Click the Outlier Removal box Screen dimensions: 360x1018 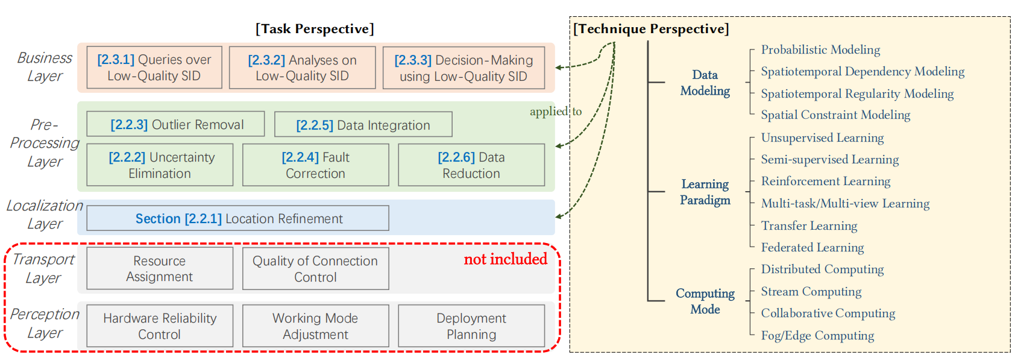point(175,124)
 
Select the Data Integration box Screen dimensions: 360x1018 point(363,125)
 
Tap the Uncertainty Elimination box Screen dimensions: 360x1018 point(160,165)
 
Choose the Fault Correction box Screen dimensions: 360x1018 point(315,165)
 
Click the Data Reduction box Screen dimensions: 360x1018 point(471,165)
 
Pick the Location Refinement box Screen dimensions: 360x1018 point(237,218)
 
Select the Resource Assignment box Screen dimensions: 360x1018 point(160,268)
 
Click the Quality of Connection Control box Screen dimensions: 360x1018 point(315,268)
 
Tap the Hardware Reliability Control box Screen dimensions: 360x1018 point(160,326)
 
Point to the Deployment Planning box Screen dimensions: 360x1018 point(471,326)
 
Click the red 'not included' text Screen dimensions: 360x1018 point(505,259)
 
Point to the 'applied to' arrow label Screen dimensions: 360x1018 point(556,112)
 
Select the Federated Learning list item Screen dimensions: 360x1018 point(812,247)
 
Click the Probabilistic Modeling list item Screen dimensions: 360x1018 point(820,49)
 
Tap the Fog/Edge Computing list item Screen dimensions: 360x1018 point(817,335)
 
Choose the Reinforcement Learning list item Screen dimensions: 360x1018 point(825,181)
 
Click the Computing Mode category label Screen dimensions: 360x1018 point(705,301)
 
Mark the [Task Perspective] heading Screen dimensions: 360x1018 point(315,29)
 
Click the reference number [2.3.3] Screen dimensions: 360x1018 point(413,60)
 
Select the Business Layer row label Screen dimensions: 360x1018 point(45,67)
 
